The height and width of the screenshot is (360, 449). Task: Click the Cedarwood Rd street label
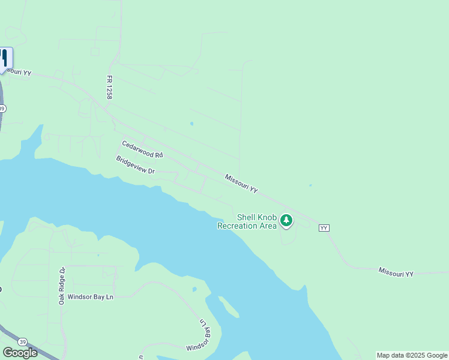142,149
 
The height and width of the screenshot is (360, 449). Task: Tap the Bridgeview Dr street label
135,166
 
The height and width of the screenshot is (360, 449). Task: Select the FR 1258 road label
110,87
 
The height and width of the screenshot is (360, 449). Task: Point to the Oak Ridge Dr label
62,286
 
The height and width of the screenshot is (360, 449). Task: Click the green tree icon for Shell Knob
287,221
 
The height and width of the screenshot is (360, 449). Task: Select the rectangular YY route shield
324,228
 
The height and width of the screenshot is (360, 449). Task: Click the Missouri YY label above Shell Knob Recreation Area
241,184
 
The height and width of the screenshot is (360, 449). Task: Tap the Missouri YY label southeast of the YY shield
396,272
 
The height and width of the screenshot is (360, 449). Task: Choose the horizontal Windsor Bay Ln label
90,296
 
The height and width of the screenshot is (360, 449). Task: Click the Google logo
20,353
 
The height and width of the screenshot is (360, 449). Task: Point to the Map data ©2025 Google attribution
412,355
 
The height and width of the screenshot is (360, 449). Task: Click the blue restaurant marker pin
4,59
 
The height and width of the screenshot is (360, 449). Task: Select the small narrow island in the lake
228,307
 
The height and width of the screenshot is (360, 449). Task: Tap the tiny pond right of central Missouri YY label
310,185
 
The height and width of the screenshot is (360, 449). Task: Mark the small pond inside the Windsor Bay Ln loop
194,290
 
